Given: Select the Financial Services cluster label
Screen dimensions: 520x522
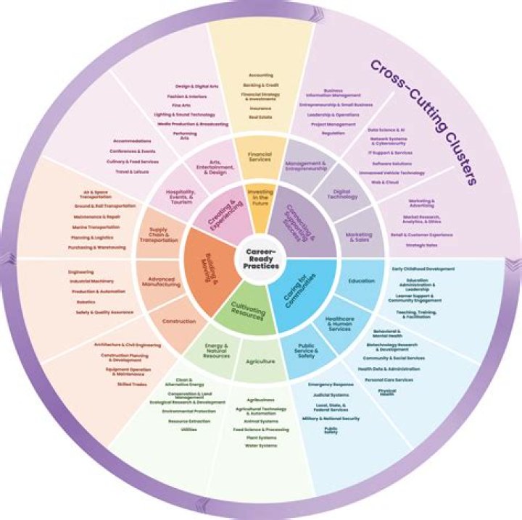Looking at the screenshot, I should [x=259, y=156].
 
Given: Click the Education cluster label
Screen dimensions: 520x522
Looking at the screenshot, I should [x=361, y=280].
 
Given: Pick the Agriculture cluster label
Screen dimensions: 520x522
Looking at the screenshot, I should [x=260, y=361].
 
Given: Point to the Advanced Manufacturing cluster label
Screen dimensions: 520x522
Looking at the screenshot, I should [x=163, y=282].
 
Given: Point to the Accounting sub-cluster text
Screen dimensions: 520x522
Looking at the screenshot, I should [x=261, y=75].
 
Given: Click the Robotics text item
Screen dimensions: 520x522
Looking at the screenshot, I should [x=86, y=302].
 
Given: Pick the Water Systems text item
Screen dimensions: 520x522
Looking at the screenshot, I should [x=261, y=445].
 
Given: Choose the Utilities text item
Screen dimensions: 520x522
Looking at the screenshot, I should [x=188, y=429].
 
